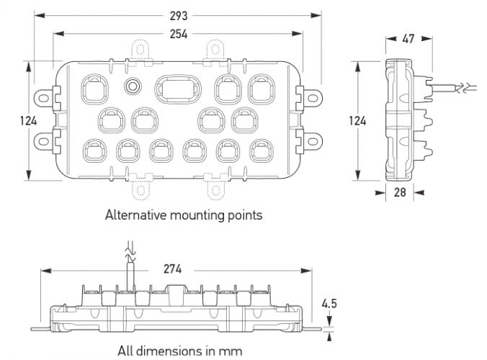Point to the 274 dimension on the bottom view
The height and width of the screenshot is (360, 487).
[x=172, y=269]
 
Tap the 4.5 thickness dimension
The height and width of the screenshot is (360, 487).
[x=330, y=303]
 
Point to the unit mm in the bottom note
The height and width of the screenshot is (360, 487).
[x=232, y=351]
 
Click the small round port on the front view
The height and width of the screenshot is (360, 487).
[x=133, y=86]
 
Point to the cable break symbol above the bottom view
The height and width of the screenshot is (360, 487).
[x=130, y=251]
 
